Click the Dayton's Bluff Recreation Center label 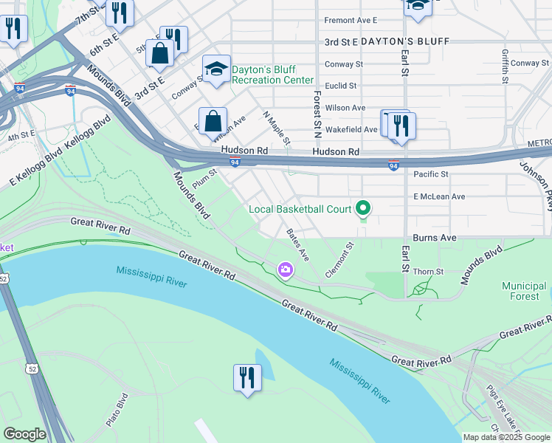tap(273, 75)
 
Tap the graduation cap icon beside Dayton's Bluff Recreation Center tap(216, 69)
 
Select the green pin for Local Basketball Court tap(362, 210)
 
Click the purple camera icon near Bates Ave tap(286, 271)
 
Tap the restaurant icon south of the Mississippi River tap(246, 378)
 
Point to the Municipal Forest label tap(525, 291)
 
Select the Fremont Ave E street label tap(351, 20)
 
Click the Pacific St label tap(431, 174)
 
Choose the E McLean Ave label tap(439, 196)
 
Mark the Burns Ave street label tap(435, 238)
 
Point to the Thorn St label tap(428, 272)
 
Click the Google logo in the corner tap(24, 434)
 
